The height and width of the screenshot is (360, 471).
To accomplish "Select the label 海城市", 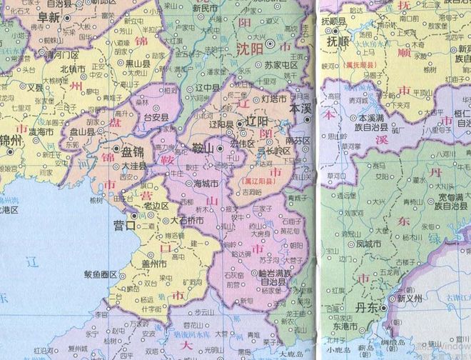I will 208,184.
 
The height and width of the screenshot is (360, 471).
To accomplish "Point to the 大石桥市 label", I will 187,221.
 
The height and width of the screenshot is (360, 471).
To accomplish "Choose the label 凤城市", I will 368,243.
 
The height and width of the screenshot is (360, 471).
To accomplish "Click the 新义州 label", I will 412,299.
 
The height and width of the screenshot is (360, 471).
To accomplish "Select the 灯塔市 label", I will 274,98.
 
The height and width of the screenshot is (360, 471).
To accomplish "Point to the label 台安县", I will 156,117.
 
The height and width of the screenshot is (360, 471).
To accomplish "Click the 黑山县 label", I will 138,63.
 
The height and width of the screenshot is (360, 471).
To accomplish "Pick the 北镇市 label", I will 73,69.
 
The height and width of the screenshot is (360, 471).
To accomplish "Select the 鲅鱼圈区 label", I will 101,274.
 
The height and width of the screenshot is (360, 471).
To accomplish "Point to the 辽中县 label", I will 206,88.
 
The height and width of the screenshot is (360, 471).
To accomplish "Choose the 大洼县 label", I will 134,166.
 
